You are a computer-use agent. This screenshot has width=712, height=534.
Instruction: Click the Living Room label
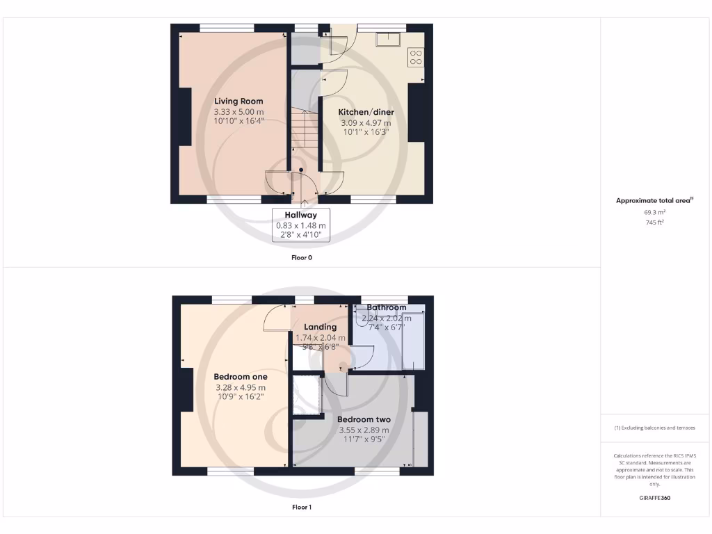238,101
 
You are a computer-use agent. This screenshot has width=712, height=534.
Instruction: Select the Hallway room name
300,216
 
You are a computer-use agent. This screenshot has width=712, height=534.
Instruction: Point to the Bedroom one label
240,377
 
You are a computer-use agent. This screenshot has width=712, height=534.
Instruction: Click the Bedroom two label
364,420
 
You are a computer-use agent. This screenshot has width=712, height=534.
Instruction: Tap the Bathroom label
387,307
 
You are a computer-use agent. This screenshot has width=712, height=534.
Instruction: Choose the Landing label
321,327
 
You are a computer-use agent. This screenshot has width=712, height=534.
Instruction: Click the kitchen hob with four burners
416,57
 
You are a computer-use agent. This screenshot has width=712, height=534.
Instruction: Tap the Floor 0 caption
302,257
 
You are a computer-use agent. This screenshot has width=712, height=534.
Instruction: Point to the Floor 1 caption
302,508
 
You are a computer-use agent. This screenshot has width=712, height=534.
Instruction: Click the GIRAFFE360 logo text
654,498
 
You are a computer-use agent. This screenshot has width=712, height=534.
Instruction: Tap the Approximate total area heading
654,200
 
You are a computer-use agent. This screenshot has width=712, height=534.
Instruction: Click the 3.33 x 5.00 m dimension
238,112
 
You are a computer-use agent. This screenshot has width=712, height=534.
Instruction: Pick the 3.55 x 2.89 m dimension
364,430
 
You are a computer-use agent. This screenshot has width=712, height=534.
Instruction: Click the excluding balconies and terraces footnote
654,428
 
